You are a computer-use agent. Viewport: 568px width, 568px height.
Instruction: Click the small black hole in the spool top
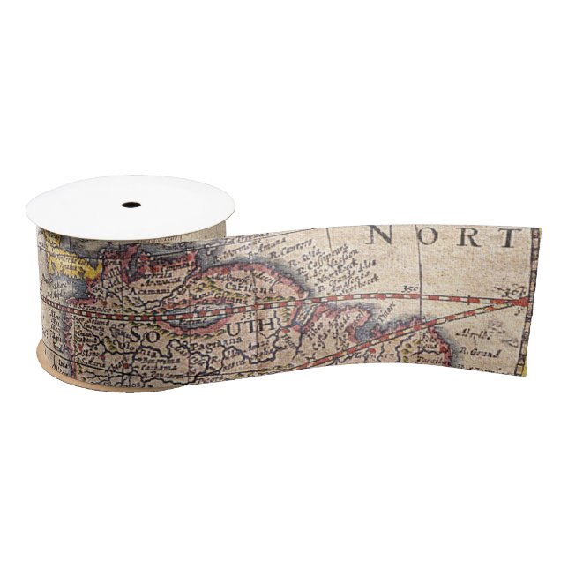(131, 205)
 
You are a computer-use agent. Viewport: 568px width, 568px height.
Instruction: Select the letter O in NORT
(424, 236)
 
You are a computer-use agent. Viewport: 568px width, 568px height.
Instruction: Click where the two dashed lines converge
(520, 302)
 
